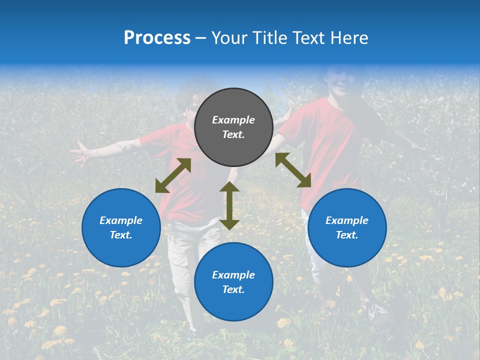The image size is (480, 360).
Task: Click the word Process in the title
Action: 157,38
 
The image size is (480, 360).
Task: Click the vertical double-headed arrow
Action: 229,205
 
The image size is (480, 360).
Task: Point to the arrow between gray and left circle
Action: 173,175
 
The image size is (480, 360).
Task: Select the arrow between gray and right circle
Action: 293,170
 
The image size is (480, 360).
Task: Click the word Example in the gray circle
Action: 233,120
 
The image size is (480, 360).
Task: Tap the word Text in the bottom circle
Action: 233,289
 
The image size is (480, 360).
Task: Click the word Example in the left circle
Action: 121,220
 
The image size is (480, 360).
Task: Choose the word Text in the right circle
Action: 346,235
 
